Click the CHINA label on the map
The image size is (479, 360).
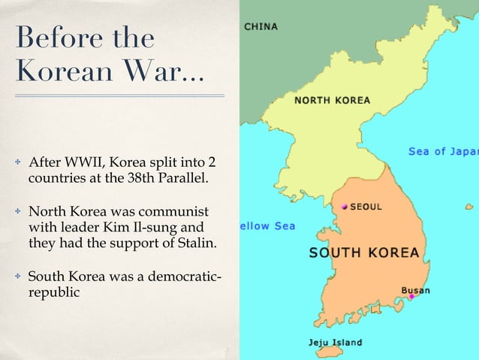[x=261, y=26]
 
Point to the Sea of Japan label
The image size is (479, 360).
[x=443, y=151]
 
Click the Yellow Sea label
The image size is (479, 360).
[x=267, y=225]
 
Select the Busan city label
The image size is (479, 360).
[x=417, y=289]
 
